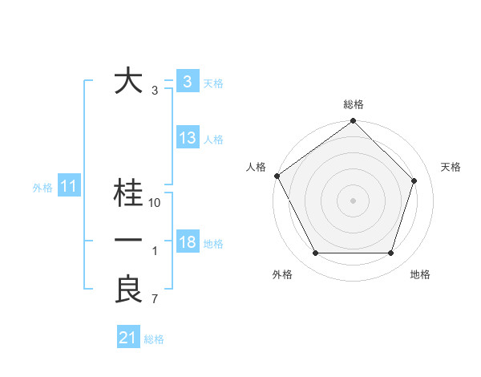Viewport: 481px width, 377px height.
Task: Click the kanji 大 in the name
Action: click(129, 82)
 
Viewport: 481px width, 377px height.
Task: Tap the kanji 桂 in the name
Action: click(129, 194)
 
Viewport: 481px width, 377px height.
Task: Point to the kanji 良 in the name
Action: click(129, 290)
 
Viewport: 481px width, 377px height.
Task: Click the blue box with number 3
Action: click(187, 82)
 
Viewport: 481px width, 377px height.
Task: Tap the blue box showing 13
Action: click(187, 138)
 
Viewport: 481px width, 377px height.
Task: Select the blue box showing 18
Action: click(187, 242)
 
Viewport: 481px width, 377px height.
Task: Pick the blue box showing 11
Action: click(68, 187)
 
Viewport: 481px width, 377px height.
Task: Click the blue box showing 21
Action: click(127, 338)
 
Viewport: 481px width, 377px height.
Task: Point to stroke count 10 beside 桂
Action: click(156, 203)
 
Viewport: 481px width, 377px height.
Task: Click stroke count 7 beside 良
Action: click(155, 300)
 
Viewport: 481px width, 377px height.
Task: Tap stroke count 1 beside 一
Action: click(155, 252)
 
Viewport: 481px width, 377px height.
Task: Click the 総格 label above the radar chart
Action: click(354, 104)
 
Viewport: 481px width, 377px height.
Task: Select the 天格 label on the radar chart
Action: click(451, 167)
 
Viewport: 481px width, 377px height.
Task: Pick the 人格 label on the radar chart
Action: click(256, 167)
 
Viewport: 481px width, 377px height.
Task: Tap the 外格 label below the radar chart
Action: click(282, 274)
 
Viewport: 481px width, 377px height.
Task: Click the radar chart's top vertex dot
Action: click(354, 122)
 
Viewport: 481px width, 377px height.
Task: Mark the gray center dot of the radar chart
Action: click(354, 200)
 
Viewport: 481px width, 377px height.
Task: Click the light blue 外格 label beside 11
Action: click(42, 188)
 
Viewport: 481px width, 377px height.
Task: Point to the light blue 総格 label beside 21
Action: click(154, 339)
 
